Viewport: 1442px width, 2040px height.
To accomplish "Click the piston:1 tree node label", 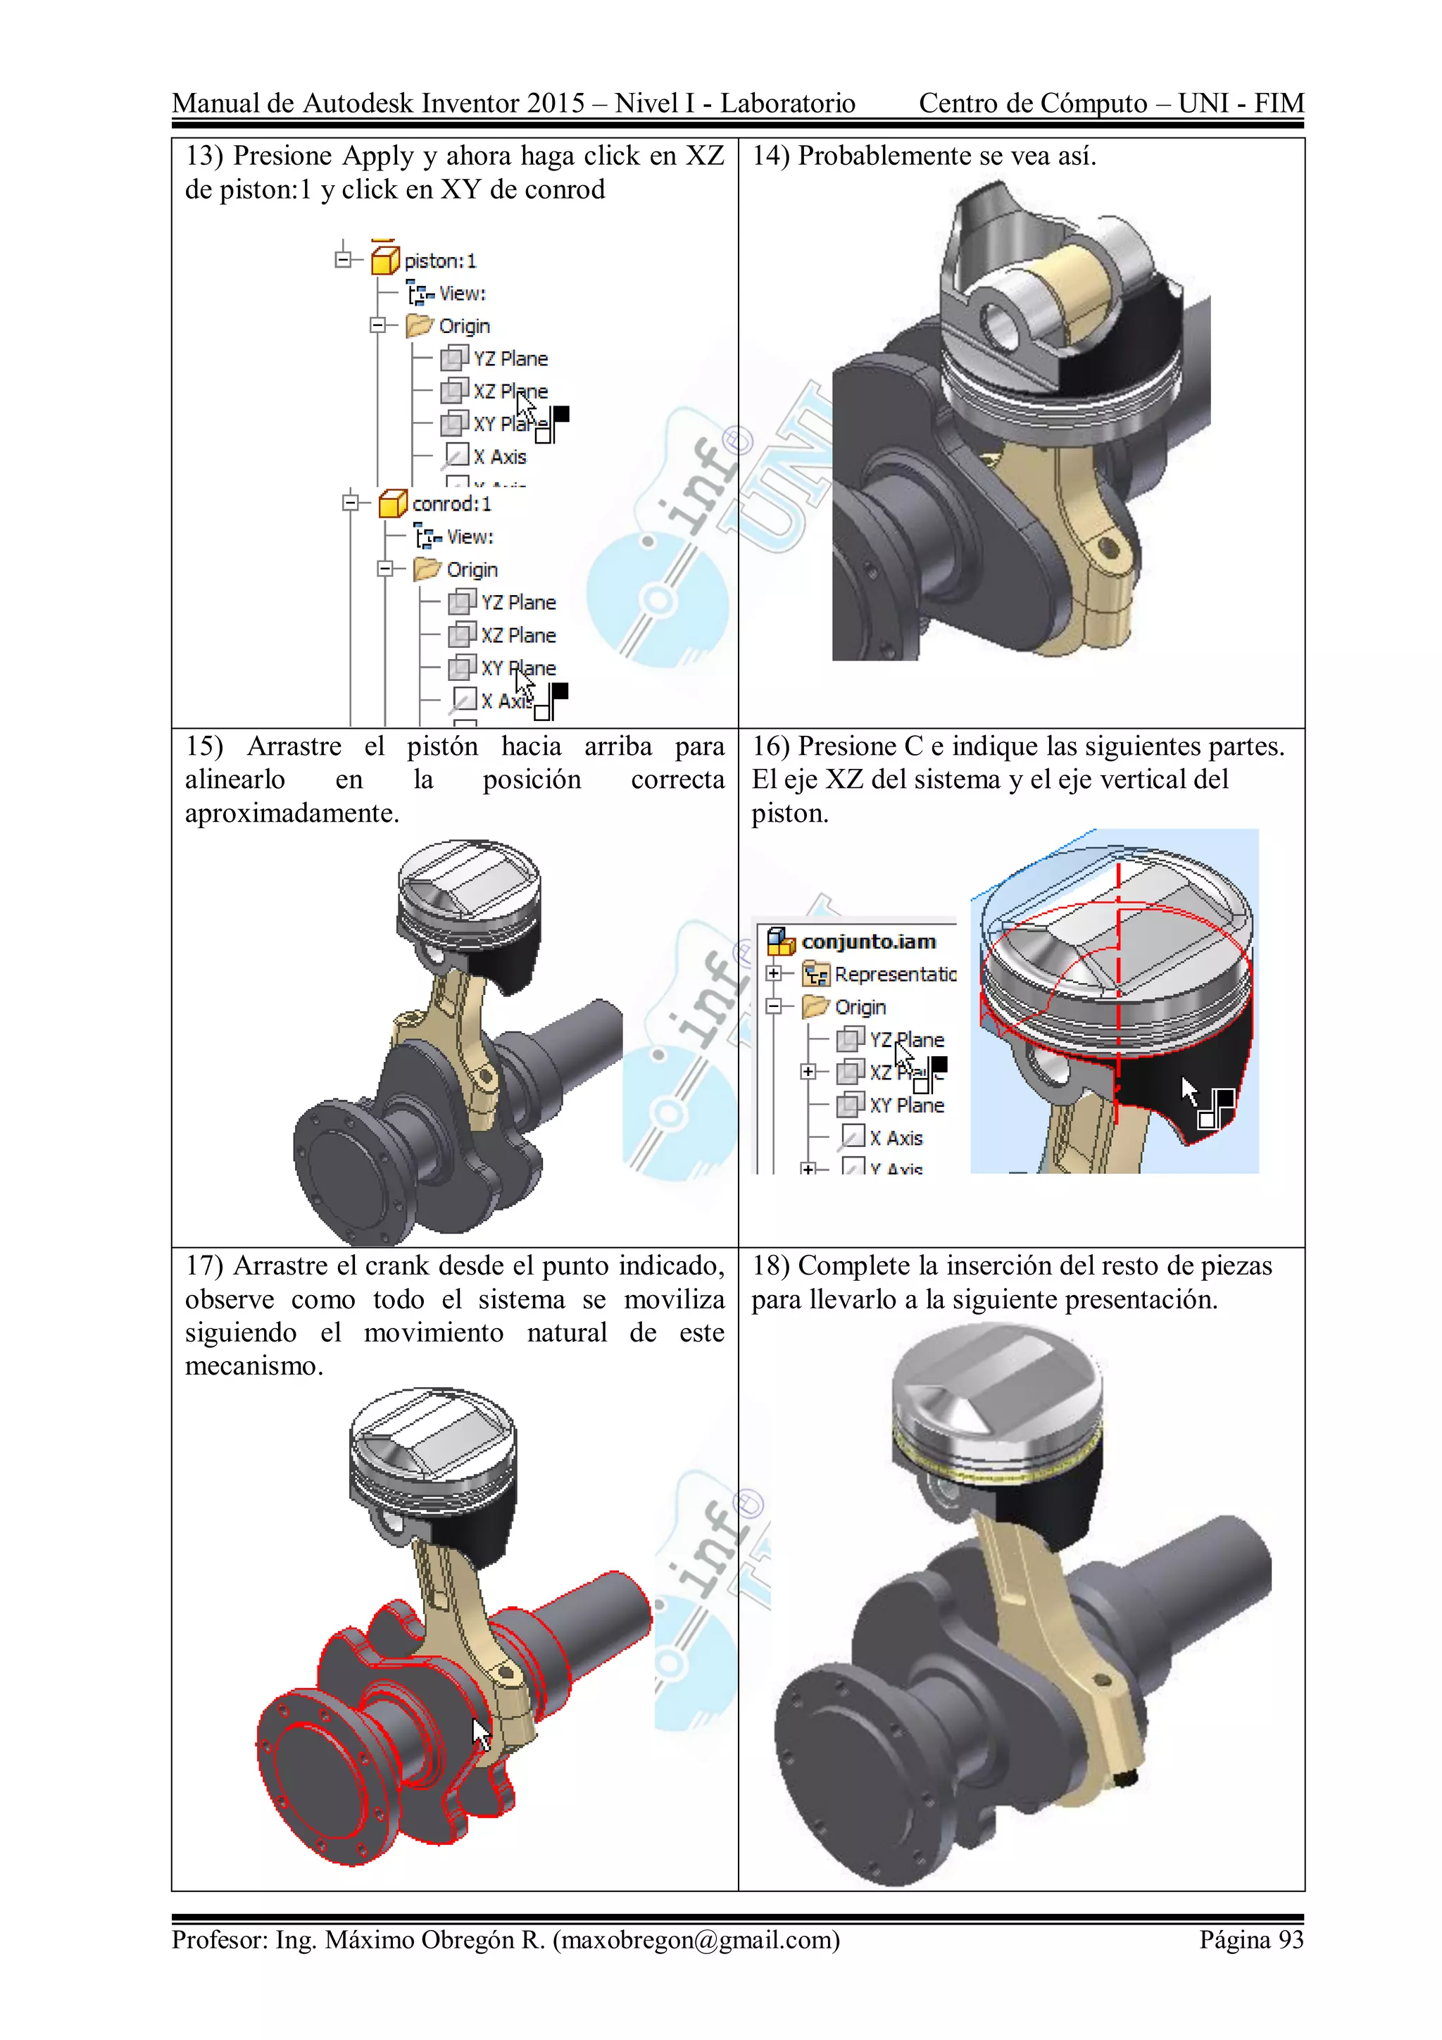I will pos(440,261).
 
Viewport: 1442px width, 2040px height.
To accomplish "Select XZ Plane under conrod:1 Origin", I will pos(518,635).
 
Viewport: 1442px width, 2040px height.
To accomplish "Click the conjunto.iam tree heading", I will pos(868,941).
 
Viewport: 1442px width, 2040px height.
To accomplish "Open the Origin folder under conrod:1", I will pos(472,570).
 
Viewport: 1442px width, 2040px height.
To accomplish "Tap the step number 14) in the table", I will pos(770,156).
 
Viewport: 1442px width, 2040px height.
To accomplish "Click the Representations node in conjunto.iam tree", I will pos(895,975).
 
